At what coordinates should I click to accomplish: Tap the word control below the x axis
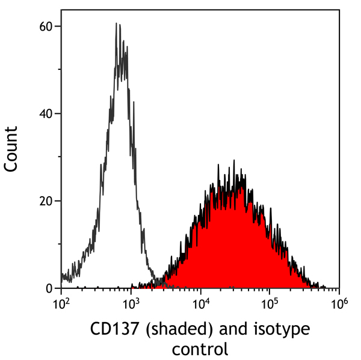[x=200, y=349]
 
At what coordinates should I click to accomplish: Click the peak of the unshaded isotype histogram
[x=117, y=24]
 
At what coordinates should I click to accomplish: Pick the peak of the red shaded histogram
[x=234, y=161]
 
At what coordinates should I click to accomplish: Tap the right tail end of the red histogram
[x=325, y=287]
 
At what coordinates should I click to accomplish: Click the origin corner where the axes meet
[x=61, y=288]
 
